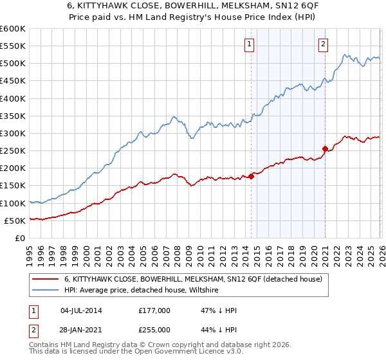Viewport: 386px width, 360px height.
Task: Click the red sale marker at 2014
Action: click(251, 177)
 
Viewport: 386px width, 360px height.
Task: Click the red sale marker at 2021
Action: click(325, 149)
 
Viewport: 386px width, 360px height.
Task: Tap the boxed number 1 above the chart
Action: click(249, 44)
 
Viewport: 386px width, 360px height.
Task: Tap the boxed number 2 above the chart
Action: click(323, 44)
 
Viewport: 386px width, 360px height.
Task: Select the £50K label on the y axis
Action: click(15, 221)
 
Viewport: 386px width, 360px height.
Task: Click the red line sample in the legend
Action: click(46, 279)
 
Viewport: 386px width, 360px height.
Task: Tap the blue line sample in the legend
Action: click(46, 291)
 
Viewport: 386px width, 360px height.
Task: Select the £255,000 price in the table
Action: click(154, 329)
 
